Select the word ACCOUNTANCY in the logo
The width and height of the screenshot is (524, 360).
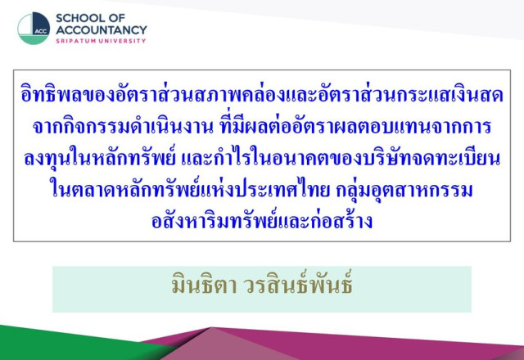point(102,29)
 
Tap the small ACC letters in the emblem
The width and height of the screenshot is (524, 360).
point(40,31)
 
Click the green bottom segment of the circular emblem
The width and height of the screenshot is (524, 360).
point(33,40)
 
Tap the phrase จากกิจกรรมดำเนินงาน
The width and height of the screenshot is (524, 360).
point(123,127)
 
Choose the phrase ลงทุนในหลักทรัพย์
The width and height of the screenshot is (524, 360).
point(100,158)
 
